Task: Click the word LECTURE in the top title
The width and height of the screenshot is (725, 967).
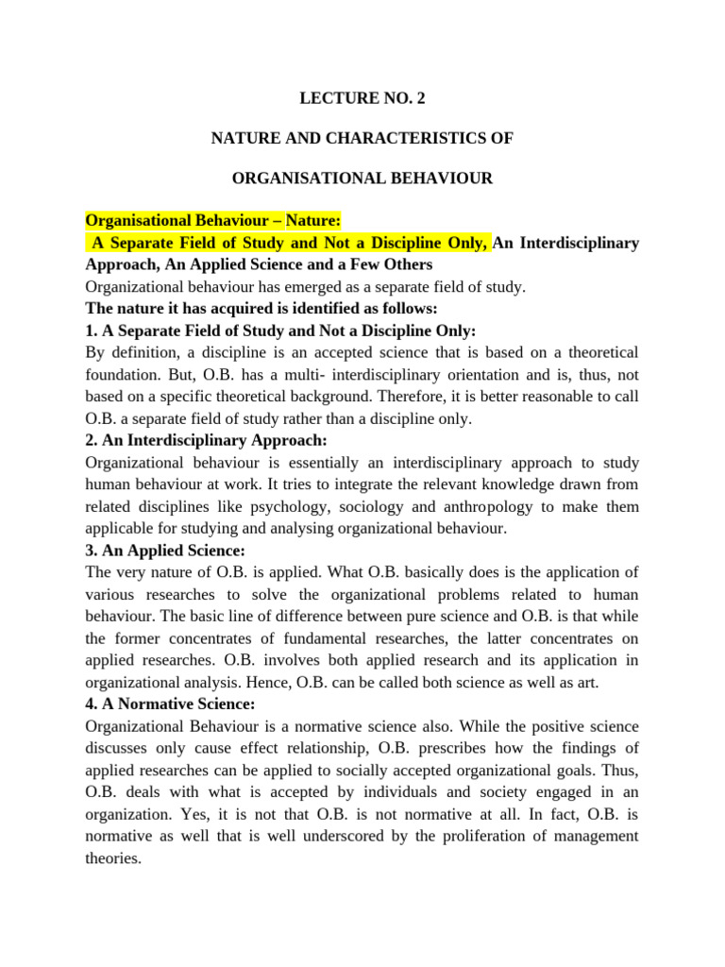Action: [x=331, y=97]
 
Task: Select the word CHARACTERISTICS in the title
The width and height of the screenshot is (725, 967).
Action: [x=409, y=138]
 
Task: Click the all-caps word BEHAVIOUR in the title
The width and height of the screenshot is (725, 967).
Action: [x=444, y=178]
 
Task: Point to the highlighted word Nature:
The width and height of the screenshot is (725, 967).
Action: [x=306, y=221]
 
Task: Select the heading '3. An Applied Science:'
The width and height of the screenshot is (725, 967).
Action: [x=165, y=550]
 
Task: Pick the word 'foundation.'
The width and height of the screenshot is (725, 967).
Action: [x=123, y=375]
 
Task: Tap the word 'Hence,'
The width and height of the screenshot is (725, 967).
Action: [x=283, y=682]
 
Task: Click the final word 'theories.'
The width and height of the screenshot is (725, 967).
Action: [x=112, y=857]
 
